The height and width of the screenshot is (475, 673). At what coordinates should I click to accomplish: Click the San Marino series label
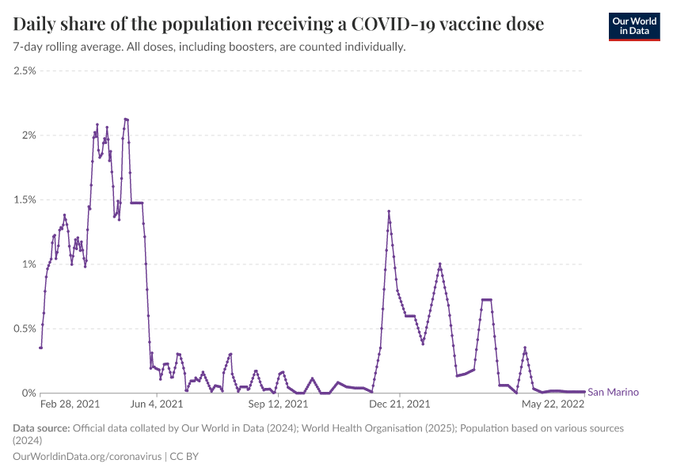[x=613, y=392]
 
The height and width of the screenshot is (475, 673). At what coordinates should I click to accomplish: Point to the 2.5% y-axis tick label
[x=25, y=70]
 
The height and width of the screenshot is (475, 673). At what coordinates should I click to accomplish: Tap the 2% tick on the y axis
[x=29, y=135]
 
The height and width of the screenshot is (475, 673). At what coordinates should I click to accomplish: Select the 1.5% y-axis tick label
[x=25, y=199]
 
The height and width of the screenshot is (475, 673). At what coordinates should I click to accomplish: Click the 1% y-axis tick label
[x=29, y=264]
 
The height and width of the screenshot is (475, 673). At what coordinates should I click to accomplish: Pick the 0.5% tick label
[x=25, y=329]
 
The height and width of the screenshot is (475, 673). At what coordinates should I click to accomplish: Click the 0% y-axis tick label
[x=29, y=393]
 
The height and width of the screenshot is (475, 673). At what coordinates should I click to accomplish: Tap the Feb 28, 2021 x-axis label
[x=70, y=404]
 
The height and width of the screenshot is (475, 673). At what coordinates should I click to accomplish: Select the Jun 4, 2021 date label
[x=156, y=404]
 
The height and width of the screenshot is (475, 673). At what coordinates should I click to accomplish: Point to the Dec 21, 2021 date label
[x=401, y=404]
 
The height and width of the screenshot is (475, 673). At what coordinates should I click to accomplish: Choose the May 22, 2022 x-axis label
[x=552, y=404]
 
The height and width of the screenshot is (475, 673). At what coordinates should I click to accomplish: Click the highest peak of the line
[x=126, y=119]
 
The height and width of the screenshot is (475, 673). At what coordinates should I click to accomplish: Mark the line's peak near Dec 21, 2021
[x=389, y=211]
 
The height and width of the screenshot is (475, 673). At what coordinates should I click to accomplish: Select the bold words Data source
[x=41, y=428]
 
